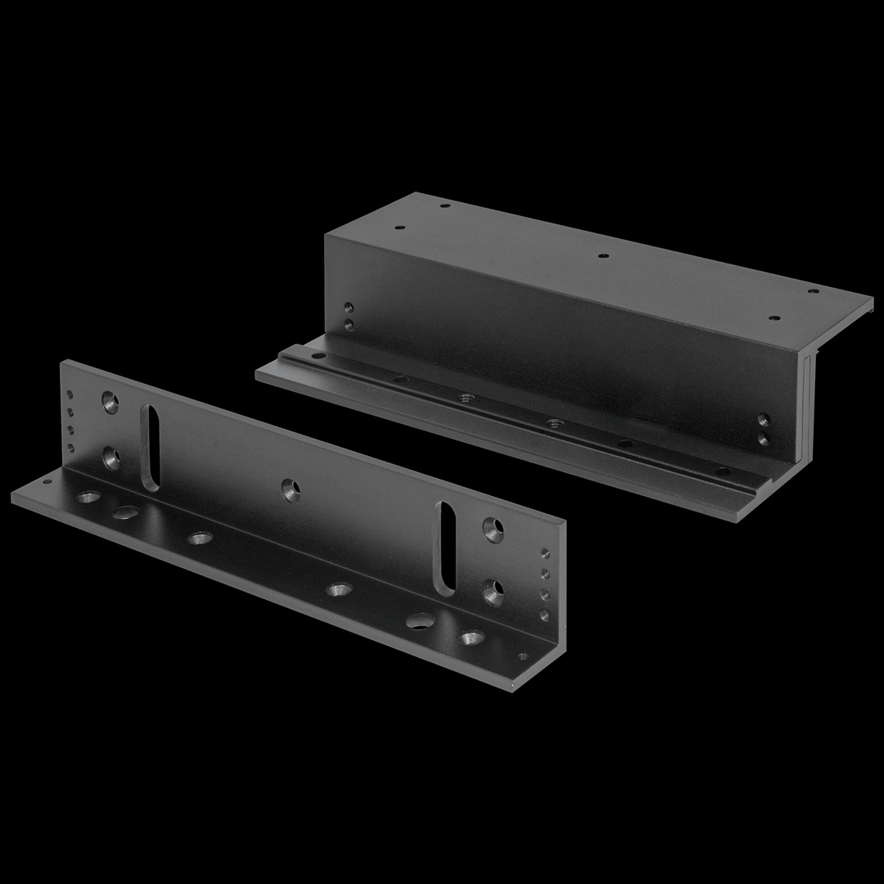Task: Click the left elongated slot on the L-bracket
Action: point(151,448)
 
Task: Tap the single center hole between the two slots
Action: point(291,489)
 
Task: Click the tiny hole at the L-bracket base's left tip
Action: point(46,481)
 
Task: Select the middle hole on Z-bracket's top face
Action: point(603,255)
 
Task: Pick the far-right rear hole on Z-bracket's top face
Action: point(814,290)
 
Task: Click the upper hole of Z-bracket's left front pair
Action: point(349,308)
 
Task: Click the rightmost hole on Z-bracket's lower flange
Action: point(723,471)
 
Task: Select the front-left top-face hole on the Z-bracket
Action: point(400,228)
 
